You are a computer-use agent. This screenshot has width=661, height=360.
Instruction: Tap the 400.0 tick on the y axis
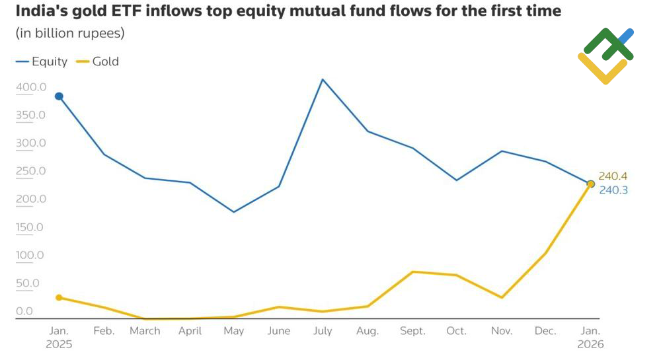pos(31,87)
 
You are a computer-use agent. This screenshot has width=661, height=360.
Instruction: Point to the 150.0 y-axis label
pos(31,227)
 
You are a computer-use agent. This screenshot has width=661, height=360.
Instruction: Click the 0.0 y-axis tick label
pos(24,311)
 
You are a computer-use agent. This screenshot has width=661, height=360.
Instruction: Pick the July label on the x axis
pos(323,331)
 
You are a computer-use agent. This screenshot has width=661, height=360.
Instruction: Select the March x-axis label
pos(145,331)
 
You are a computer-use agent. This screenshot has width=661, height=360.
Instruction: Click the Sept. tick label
pos(412,331)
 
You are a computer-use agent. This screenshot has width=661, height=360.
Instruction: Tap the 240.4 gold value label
pos(613,176)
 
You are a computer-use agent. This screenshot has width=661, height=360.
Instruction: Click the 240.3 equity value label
pos(613,190)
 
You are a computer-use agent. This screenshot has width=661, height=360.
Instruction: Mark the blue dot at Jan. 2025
pos(59,96)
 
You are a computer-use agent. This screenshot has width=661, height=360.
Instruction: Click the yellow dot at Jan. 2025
pos(59,298)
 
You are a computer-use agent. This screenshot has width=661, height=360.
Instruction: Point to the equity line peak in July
pos(323,79)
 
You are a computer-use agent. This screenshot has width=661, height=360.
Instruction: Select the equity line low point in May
pos(233,212)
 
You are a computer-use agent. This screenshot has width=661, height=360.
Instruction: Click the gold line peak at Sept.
pos(412,271)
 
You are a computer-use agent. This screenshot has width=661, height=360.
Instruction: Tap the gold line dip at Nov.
pos(502,297)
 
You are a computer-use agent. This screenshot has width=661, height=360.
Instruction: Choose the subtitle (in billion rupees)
pos(69,33)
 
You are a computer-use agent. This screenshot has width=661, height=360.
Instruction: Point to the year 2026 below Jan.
pos(590,344)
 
